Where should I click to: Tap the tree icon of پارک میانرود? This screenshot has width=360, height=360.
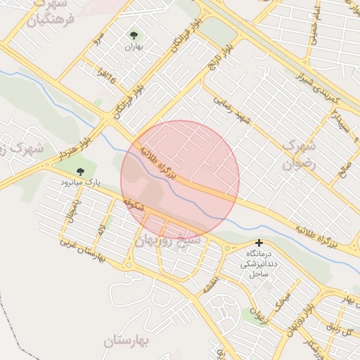(79, 171)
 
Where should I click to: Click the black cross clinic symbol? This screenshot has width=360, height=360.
(259, 243)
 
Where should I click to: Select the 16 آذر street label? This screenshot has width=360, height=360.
(100, 75)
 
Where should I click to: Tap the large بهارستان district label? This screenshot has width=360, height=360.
(127, 342)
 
